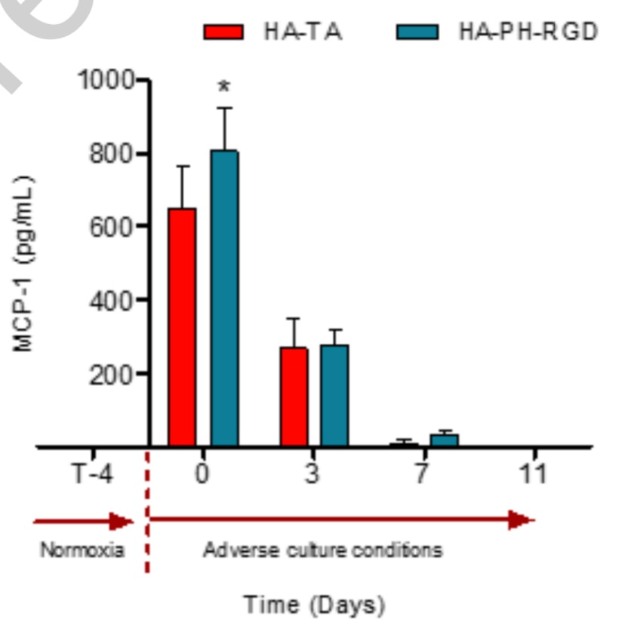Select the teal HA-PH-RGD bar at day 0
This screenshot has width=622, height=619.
coord(224,298)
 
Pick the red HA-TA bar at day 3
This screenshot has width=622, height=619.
coord(293,397)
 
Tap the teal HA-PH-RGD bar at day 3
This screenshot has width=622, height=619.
coord(334,395)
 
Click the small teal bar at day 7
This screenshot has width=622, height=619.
coord(444,440)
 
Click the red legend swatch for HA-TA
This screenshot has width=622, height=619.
coord(223,32)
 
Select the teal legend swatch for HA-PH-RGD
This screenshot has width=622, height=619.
coord(417,32)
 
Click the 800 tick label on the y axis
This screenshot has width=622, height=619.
coord(112,154)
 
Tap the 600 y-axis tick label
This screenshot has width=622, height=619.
coord(112,227)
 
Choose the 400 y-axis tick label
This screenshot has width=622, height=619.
coord(112,300)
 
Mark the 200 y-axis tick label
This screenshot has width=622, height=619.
coord(112,374)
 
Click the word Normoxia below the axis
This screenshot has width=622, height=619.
coord(82,550)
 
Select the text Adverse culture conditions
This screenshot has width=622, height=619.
coord(323,550)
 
